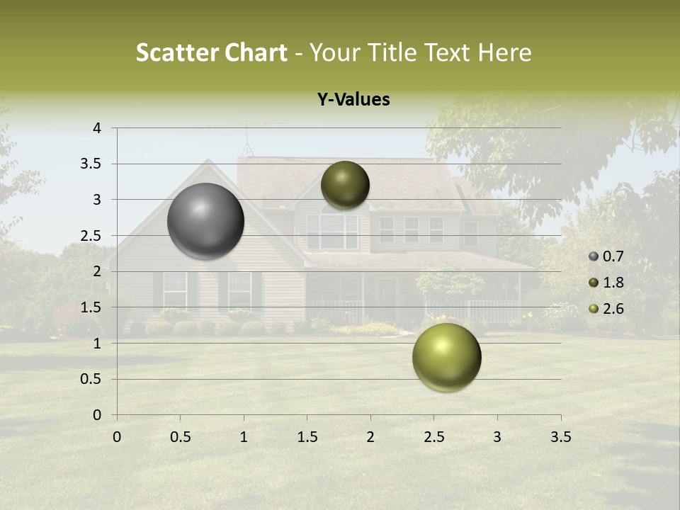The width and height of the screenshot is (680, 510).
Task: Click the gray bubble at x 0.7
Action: [206, 221]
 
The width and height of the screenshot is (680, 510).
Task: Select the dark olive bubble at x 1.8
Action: [345, 185]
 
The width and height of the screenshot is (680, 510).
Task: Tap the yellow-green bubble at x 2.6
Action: [446, 357]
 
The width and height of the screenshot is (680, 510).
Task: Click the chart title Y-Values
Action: [353, 100]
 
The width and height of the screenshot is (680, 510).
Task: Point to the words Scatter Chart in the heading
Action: [211, 52]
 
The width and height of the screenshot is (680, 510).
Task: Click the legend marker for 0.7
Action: [594, 256]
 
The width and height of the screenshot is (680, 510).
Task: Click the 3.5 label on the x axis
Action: [560, 437]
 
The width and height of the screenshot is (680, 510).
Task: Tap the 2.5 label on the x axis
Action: [433, 437]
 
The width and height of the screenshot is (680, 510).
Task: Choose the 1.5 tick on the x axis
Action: [307, 437]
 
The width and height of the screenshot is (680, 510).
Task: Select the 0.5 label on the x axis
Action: [180, 437]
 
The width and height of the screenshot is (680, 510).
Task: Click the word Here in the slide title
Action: [505, 52]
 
